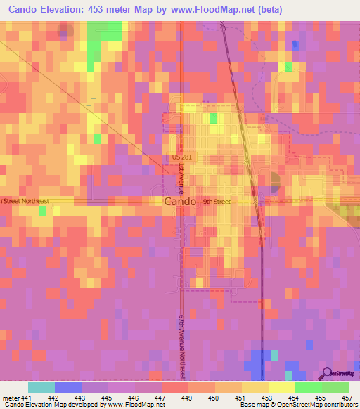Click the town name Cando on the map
180,202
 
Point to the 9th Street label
217,202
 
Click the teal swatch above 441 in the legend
41,387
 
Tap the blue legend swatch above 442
68,387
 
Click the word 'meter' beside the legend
9,397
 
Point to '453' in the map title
117,10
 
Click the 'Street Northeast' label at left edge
25,201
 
